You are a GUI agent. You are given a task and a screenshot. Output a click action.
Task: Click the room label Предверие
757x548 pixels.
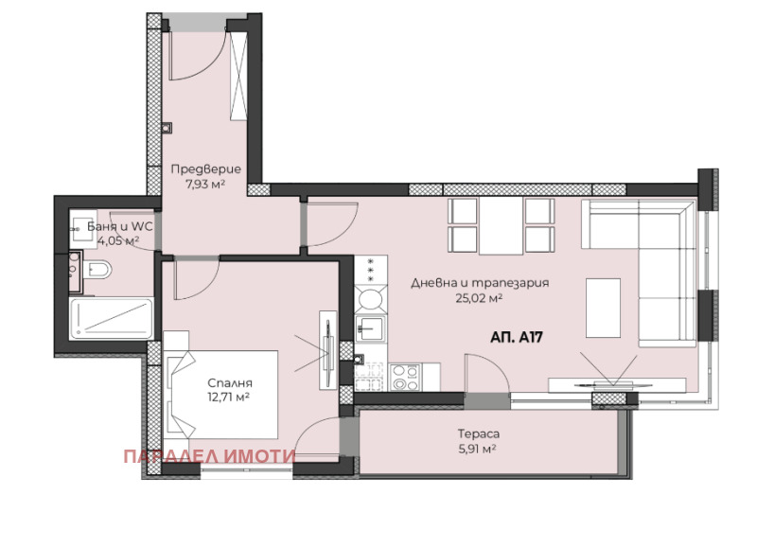[205, 169]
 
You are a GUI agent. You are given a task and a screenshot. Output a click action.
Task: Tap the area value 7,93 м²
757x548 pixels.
[205, 185]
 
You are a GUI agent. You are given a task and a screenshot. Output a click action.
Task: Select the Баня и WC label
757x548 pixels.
[120, 226]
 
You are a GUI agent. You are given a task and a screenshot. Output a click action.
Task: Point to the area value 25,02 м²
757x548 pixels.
[480, 298]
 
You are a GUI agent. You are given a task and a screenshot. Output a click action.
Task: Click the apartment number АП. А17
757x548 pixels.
[517, 337]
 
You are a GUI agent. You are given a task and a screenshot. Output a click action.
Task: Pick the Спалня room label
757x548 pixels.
[230, 383]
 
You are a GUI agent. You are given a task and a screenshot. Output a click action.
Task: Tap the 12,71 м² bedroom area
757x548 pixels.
[229, 398]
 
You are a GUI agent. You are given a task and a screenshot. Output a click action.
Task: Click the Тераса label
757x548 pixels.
[479, 434]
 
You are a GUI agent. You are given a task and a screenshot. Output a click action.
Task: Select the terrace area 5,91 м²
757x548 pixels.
[478, 449]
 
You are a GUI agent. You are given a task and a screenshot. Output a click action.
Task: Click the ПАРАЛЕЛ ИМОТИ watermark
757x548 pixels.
[209, 456]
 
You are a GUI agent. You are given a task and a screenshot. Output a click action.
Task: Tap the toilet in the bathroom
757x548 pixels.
[97, 270]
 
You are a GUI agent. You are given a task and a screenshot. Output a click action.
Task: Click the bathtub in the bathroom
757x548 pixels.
[111, 319]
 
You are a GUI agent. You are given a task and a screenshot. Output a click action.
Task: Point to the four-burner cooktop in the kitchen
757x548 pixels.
[405, 378]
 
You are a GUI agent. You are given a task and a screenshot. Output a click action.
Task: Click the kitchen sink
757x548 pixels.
[370, 328]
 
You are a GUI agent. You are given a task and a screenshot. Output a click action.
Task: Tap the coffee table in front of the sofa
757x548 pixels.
[603, 308]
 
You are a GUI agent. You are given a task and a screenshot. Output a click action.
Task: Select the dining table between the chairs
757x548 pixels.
[502, 225]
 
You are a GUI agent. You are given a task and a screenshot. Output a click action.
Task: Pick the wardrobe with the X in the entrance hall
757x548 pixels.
[238, 76]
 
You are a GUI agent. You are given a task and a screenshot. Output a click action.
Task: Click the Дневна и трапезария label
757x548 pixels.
[480, 283]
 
